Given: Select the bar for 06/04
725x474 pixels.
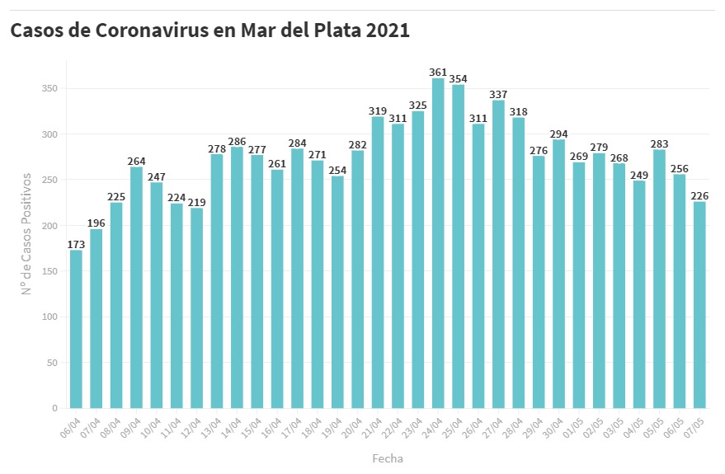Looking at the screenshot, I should tap(76, 329).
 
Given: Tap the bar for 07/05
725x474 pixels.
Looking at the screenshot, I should tap(699, 305).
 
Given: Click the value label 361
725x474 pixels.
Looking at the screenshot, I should tap(438, 73).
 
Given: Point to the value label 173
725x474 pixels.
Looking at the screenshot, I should tap(76, 244).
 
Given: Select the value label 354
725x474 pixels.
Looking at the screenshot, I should tap(458, 79).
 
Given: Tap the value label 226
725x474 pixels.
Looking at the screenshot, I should tap(699, 195).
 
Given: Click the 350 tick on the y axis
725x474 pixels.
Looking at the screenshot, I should tap(52, 88).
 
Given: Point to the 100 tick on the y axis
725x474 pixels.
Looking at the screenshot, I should tap(52, 317).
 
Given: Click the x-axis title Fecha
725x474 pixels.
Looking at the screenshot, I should tap(388, 458).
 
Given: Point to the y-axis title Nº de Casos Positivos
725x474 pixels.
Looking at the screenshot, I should tap(26, 234).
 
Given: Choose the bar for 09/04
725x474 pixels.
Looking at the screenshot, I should tap(136, 288).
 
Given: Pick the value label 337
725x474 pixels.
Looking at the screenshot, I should tap(498, 94).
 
